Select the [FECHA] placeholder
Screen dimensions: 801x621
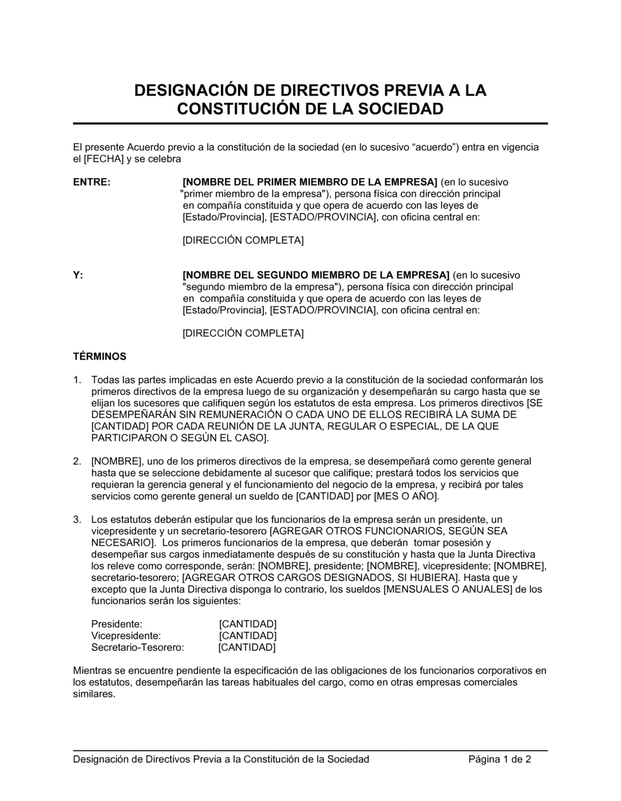tap(103, 159)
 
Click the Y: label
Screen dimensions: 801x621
tap(78, 275)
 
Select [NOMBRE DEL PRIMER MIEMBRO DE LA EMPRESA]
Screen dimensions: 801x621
tap(310, 183)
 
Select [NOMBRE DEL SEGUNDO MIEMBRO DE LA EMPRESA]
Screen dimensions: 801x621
tap(315, 275)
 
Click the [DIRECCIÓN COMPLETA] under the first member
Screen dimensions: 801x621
tap(243, 240)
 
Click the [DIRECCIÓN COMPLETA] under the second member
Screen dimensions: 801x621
tap(243, 333)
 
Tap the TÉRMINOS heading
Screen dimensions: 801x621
tap(99, 357)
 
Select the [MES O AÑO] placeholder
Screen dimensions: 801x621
tap(406, 497)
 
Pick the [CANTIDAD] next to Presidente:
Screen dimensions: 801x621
tap(248, 624)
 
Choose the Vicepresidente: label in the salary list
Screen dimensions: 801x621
tap(126, 636)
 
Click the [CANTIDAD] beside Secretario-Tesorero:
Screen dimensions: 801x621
tap(247, 648)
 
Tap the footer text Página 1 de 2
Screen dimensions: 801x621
tap(499, 759)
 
